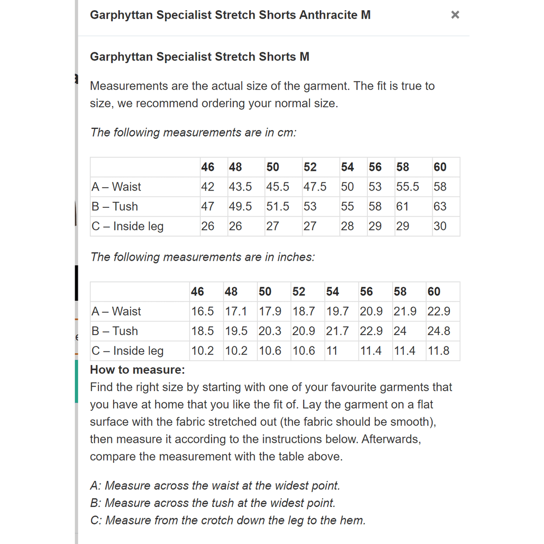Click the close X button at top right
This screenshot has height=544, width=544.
[x=455, y=15]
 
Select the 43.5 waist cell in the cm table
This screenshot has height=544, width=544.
[x=240, y=187]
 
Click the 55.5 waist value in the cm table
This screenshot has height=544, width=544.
[x=407, y=187]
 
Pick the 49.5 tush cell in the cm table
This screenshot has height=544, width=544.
[x=240, y=207]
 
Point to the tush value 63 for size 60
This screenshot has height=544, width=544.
[x=440, y=207]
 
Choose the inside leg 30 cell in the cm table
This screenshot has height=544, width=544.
[x=440, y=226]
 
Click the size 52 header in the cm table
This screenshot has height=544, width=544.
[x=310, y=167]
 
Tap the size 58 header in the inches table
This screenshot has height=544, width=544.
[x=400, y=292]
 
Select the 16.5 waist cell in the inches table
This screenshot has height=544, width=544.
[x=202, y=311]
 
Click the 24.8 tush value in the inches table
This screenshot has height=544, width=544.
[x=438, y=331]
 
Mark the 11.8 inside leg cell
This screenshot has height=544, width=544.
[x=438, y=351]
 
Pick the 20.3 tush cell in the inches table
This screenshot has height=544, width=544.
[x=270, y=331]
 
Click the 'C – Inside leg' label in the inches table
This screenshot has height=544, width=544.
[x=127, y=351]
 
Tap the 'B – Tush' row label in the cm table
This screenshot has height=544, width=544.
[x=115, y=207]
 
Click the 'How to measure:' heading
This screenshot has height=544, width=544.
[x=138, y=370]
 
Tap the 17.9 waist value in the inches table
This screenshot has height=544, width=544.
[x=270, y=311]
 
